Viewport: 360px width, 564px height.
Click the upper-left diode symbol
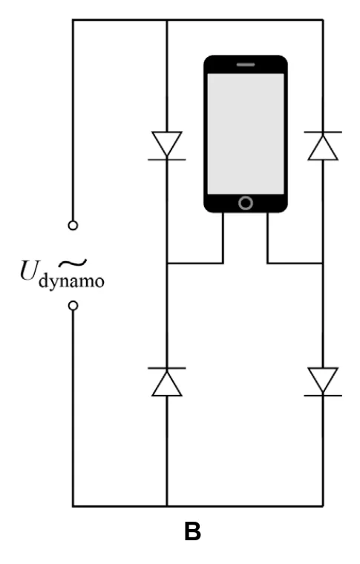167,145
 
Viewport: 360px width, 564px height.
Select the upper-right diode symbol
323,145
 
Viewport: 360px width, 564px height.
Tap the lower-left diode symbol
167,382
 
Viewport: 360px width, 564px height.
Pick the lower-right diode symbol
323,381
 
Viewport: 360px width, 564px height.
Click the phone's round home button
246,203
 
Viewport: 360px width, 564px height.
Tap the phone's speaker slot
246,65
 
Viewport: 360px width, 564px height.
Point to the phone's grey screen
246,134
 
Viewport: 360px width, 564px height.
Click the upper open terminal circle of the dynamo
73,226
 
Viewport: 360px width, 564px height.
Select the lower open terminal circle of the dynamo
73,306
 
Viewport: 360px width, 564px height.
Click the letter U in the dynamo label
29,270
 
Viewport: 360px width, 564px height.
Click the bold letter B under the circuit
192,531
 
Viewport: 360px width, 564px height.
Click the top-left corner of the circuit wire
73,20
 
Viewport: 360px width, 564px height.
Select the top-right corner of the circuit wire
323,20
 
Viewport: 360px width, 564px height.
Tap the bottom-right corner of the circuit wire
323,506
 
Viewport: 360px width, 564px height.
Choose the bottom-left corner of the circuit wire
73,506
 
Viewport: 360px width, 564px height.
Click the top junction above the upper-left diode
167,20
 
